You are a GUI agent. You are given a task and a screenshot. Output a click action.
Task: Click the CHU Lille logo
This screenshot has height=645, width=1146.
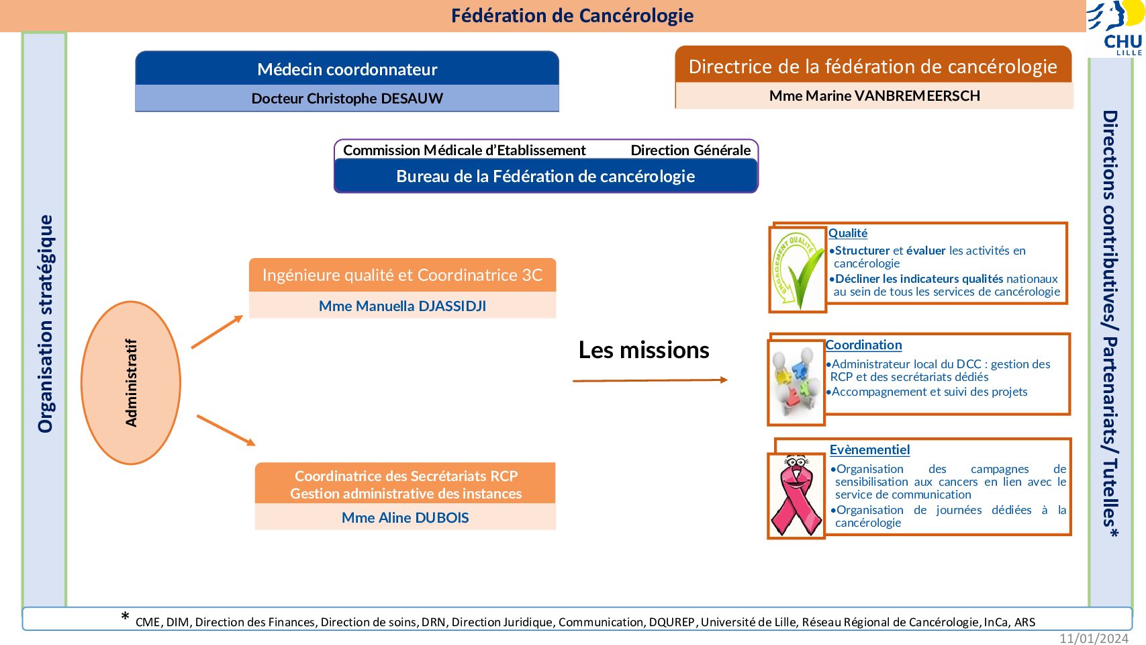tap(1115, 28)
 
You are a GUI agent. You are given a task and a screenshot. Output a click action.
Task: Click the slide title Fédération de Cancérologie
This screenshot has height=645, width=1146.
tap(572, 16)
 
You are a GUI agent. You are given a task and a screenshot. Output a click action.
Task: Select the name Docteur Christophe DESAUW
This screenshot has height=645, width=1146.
tap(347, 98)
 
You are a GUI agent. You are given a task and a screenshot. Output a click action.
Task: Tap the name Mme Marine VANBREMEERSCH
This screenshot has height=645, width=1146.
tap(874, 95)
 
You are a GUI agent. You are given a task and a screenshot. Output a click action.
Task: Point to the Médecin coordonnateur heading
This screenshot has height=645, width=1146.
tap(347, 69)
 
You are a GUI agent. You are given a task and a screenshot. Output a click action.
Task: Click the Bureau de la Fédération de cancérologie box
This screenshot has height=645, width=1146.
tap(546, 176)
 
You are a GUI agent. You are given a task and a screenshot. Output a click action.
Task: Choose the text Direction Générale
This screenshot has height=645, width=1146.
tap(690, 150)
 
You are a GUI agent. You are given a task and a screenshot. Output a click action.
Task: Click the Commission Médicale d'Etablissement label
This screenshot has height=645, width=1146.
tap(464, 150)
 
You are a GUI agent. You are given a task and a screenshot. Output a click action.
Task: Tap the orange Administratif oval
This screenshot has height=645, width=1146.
tap(131, 382)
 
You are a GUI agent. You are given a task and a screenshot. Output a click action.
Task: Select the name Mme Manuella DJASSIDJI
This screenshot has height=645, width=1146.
tap(402, 306)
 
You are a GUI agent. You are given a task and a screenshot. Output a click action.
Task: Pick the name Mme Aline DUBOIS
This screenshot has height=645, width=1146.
tap(405, 517)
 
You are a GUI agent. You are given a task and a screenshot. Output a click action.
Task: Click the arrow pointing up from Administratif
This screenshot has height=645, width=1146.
tap(217, 332)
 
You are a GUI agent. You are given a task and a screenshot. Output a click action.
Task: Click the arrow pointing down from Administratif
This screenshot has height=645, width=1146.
tap(226, 431)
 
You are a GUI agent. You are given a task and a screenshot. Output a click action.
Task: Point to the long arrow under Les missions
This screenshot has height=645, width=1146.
tap(650, 380)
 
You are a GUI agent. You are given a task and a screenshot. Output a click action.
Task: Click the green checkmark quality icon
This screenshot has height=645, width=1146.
tap(797, 270)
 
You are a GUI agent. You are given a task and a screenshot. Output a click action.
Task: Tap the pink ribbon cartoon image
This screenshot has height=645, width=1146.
tap(796, 496)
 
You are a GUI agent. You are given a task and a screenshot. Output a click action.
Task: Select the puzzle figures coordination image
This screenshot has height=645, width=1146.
tap(796, 382)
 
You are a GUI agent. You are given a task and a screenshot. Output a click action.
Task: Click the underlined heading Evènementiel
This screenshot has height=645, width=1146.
tap(869, 450)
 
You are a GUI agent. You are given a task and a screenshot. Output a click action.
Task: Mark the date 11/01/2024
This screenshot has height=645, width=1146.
tap(1094, 638)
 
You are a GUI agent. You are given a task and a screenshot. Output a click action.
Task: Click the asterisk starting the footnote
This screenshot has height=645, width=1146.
tap(125, 616)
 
